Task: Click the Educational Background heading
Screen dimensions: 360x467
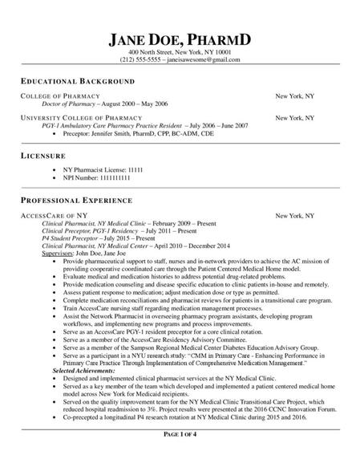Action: point(77,82)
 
